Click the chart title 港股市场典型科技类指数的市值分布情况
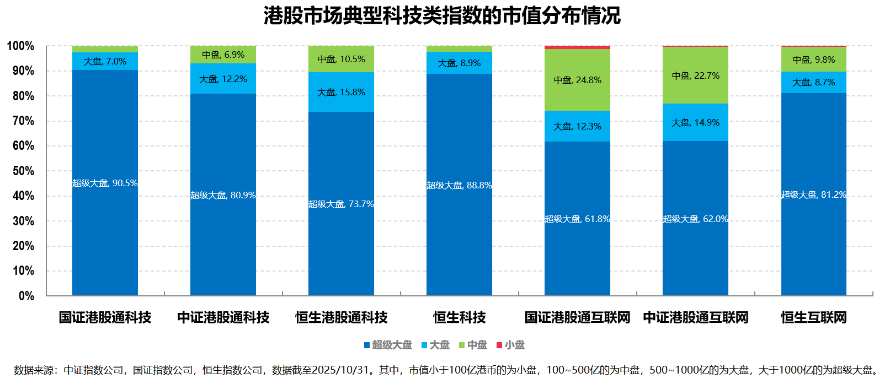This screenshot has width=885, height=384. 442,15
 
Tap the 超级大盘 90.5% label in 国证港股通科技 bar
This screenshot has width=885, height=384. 105,183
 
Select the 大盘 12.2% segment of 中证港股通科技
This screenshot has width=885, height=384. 223,79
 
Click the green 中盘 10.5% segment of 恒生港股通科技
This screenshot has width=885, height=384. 341,60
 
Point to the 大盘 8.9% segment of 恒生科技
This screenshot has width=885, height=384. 459,63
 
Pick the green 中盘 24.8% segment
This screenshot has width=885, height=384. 577,80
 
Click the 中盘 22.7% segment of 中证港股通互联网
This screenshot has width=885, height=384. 695,76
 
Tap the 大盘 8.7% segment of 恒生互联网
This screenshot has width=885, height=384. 813,83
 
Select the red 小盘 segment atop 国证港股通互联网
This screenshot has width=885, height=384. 577,47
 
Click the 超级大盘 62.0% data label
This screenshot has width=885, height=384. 695,219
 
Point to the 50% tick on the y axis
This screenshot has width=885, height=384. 23,171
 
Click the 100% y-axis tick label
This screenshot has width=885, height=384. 20,46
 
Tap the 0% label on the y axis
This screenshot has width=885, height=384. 26,296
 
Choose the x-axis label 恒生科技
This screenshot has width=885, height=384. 459,317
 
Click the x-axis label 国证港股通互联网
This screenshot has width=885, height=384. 577,317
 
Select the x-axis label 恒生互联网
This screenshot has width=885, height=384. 813,317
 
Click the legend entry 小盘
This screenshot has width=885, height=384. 511,345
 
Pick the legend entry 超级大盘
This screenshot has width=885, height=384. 388,345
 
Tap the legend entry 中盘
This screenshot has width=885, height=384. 473,345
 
